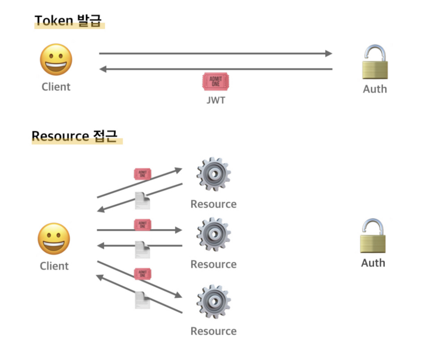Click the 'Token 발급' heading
coord(68,21)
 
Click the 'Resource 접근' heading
coord(74,136)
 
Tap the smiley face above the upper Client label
coord(56,60)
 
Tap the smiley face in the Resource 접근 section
coord(54,239)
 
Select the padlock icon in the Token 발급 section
coord(375,62)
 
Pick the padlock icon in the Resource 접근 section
coord(373,236)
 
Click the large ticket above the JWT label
coord(215,81)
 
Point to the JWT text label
coord(216,100)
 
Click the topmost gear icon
coord(214,174)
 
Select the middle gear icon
coord(214,234)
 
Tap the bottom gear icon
coord(214,301)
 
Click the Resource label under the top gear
coord(213,204)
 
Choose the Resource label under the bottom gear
coord(213,331)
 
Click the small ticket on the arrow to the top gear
coord(142,174)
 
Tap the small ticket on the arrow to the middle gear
coord(142,225)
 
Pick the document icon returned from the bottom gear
coord(142,300)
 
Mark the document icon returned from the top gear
coord(142,201)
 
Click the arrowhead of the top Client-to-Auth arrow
coord(328,54)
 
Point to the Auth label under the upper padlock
coord(375,89)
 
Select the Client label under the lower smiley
coord(54,266)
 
